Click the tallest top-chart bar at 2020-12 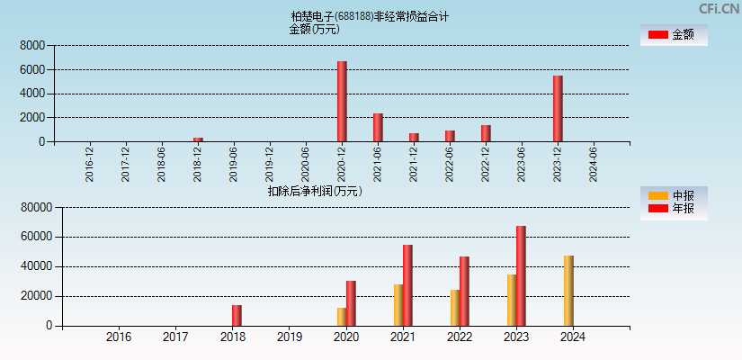[342, 102]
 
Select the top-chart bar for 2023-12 [558, 109]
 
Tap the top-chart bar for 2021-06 [378, 128]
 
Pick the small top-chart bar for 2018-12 [198, 139]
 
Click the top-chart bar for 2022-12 [486, 133]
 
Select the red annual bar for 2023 [521, 276]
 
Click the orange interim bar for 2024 [568, 291]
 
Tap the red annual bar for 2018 [237, 316]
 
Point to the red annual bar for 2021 [407, 285]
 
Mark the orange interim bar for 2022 [455, 308]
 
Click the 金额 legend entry [673, 35]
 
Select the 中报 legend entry [673, 195]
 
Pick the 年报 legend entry [673, 209]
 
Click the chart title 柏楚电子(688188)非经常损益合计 [370, 16]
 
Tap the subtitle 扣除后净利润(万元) [314, 191]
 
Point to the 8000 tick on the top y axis [32, 45]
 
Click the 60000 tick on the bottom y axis [36, 238]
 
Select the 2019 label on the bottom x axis [289, 337]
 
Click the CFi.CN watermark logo [719, 9]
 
